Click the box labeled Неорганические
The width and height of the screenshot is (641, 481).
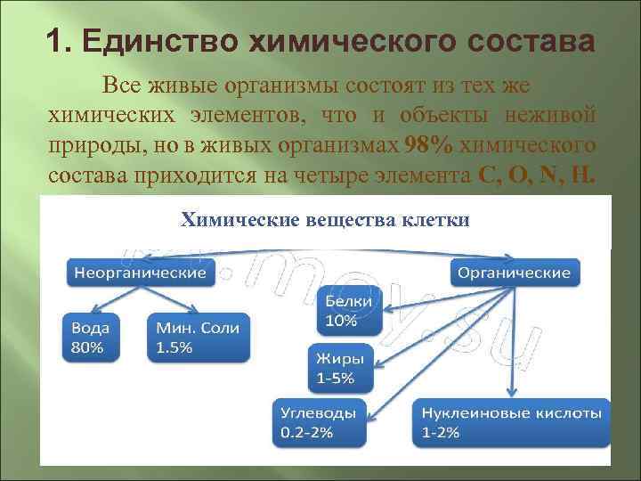point(140,272)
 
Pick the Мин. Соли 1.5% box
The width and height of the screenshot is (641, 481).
point(197,337)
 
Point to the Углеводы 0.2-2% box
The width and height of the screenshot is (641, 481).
point(319,422)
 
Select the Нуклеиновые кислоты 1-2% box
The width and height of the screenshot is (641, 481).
point(512,422)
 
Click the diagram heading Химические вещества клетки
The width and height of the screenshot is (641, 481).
point(325,219)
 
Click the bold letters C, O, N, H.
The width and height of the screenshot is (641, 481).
point(531,174)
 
